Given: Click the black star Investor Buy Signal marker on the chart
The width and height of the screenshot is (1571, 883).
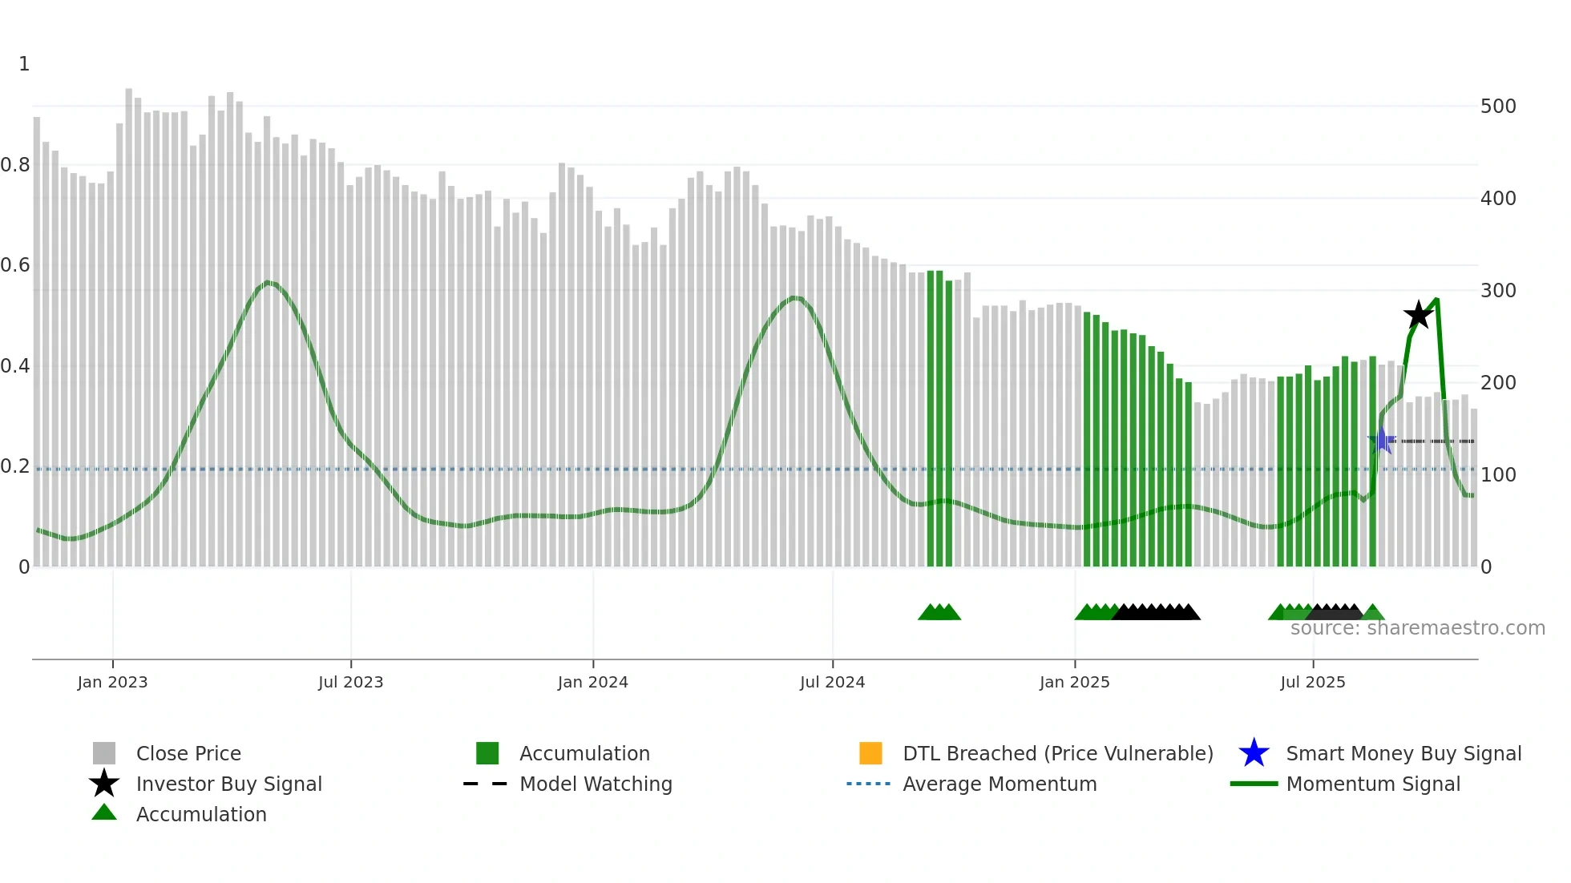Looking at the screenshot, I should pyautogui.click(x=1418, y=315).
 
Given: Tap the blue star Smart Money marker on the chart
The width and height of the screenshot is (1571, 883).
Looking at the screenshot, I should pyautogui.click(x=1381, y=441).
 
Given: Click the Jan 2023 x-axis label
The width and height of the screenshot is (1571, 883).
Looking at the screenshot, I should pyautogui.click(x=112, y=683).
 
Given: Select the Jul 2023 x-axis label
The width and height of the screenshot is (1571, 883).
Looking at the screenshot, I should pyautogui.click(x=350, y=683).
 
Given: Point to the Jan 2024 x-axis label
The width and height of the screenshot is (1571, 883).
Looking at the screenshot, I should pyautogui.click(x=592, y=683).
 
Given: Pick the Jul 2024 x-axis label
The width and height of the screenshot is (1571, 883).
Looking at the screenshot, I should pyautogui.click(x=832, y=683).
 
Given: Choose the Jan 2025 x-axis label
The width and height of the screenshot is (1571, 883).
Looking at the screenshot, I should pyautogui.click(x=1074, y=683).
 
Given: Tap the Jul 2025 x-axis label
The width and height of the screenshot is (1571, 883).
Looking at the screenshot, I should pyautogui.click(x=1312, y=683).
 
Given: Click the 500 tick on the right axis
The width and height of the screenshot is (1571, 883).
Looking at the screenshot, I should pyautogui.click(x=1498, y=107).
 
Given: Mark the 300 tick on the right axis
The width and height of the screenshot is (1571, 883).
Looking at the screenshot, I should pyautogui.click(x=1498, y=291).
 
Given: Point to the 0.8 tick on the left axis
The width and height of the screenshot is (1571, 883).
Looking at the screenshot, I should pyautogui.click(x=15, y=165).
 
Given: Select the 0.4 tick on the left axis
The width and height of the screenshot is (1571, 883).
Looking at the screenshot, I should pyautogui.click(x=15, y=366).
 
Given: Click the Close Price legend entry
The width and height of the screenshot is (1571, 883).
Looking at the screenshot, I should pyautogui.click(x=188, y=754).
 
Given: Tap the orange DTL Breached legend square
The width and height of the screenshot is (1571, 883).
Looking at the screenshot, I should pyautogui.click(x=870, y=753).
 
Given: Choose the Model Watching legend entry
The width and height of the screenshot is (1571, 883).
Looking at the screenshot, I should pyautogui.click(x=596, y=784).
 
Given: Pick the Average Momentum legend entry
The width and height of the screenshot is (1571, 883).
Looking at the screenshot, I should pyautogui.click(x=1000, y=784).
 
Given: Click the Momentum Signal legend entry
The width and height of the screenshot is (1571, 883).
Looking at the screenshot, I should pyautogui.click(x=1373, y=784).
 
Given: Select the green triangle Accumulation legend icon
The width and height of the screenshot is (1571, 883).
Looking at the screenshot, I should pyautogui.click(x=104, y=812).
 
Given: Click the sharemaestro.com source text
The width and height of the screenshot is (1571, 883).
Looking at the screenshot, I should pyautogui.click(x=1417, y=628).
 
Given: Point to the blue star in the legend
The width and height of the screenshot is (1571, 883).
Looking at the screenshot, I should pyautogui.click(x=1254, y=753).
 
